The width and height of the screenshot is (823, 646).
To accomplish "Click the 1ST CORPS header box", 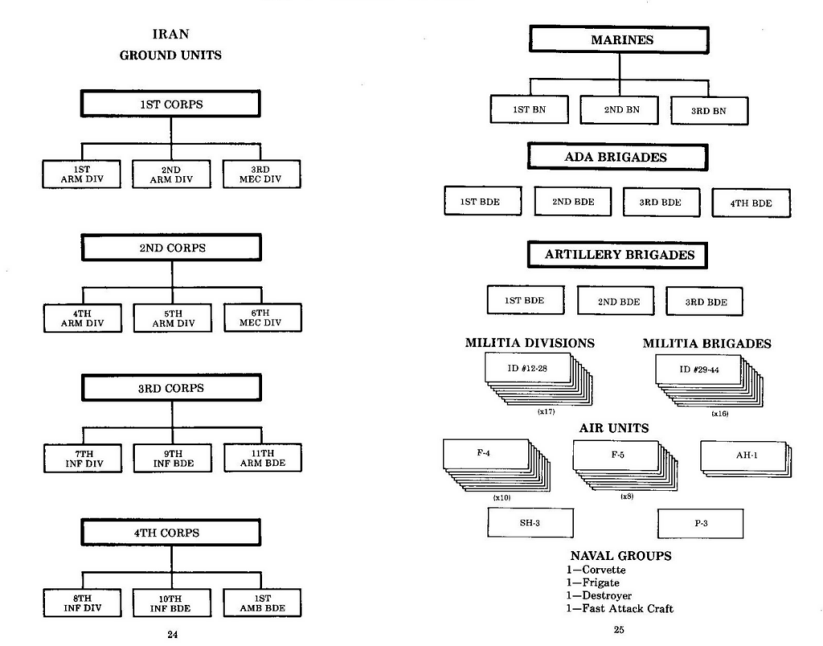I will pyautogui.click(x=172, y=103).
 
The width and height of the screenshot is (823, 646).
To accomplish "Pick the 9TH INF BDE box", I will pyautogui.click(x=172, y=459).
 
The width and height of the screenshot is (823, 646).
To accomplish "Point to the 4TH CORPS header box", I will pyautogui.click(x=172, y=533).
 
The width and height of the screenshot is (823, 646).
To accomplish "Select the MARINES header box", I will pyautogui.click(x=616, y=39).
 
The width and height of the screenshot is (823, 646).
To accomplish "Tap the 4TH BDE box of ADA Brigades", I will pyautogui.click(x=751, y=203).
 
